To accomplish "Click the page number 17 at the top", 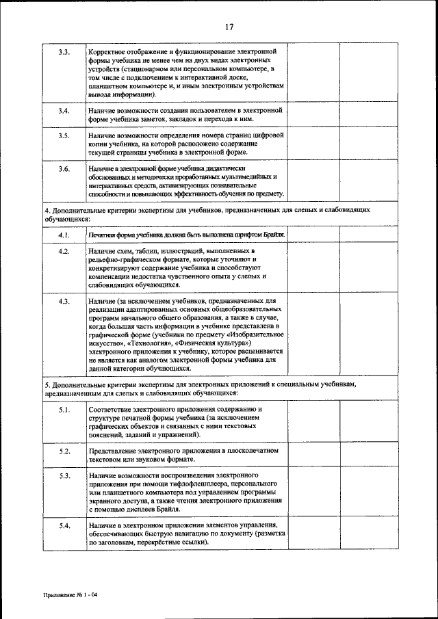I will pos(229,27).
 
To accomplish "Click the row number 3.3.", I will pos(64,52).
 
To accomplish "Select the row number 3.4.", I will pos(64,110).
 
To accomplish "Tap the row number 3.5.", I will pos(64,136).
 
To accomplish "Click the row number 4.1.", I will pos(64,235).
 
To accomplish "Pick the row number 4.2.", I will pos(64,252).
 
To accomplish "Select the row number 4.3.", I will pos(64,301).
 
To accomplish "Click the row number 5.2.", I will pos(64,451).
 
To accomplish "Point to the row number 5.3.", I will pos(64,475).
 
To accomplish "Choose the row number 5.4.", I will pos(64,525).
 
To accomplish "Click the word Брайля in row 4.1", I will pos(270,235).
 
